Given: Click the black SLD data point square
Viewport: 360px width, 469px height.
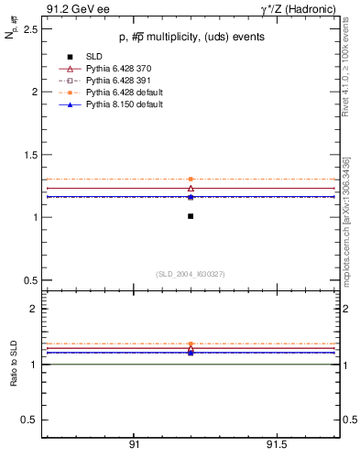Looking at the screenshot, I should coord(191,216).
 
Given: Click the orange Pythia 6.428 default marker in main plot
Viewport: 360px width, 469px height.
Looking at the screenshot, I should coord(191,179).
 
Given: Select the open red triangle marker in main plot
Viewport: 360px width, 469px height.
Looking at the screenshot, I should coord(191,188).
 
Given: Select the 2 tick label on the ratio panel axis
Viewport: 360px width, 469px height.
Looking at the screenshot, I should coord(33,309).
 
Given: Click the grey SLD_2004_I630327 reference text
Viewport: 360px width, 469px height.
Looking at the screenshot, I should coord(191,274).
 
